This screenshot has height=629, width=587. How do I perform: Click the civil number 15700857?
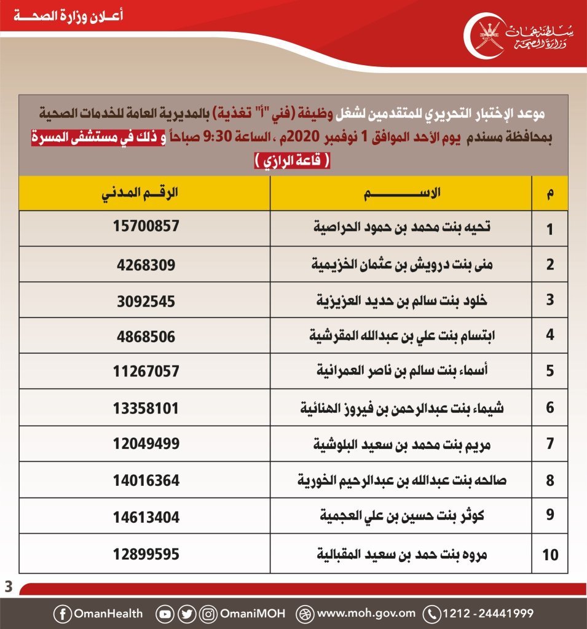tap(146, 226)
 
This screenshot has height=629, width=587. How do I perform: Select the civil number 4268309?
tap(146, 265)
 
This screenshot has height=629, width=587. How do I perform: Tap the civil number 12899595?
tap(146, 553)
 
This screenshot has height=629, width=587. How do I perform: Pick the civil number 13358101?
tap(146, 407)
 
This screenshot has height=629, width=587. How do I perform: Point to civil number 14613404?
tap(146, 517)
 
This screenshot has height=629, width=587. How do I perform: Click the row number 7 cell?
tap(550, 443)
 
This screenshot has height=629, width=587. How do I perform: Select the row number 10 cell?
tap(550, 555)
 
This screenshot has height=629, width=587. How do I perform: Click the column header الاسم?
tap(401, 193)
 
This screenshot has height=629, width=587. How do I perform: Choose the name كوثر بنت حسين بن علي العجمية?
tap(401, 516)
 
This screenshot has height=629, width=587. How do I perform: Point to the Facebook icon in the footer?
tap(62, 613)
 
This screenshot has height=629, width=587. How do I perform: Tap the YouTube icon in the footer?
tap(165, 613)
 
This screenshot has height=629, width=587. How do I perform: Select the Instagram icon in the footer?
tap(209, 613)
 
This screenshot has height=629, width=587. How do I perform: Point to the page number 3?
tap(8, 587)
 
